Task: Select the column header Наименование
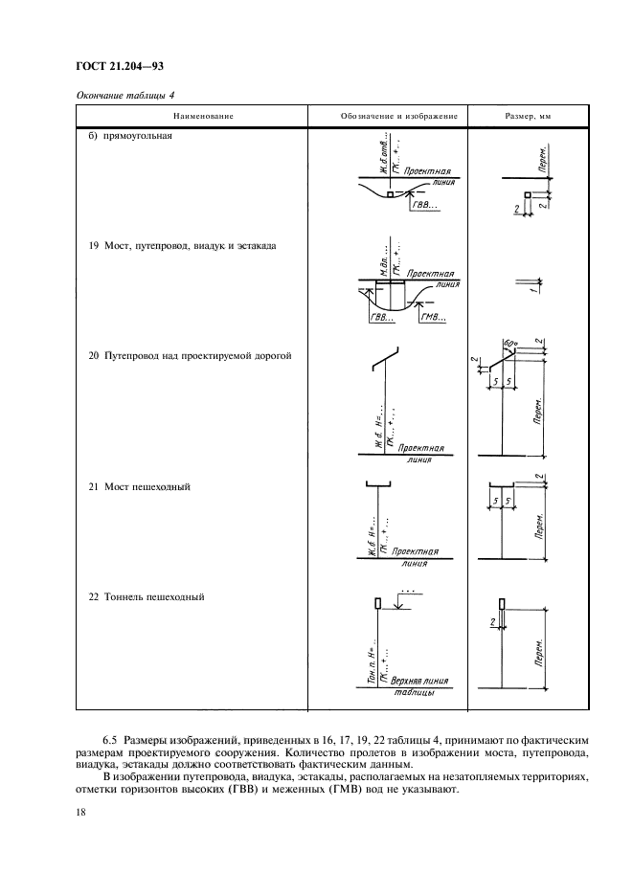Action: pyautogui.click(x=203, y=116)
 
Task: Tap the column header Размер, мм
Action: pyautogui.click(x=530, y=116)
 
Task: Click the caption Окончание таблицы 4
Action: pyautogui.click(x=121, y=93)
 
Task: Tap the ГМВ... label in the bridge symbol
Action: pyautogui.click(x=435, y=317)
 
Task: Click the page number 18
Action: pyautogui.click(x=82, y=812)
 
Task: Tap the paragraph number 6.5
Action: pyautogui.click(x=111, y=741)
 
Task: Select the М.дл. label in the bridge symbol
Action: pyautogui.click(x=381, y=257)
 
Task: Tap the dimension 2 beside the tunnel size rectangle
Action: pyautogui.click(x=491, y=623)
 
